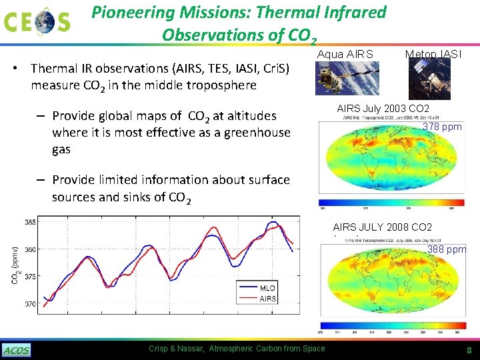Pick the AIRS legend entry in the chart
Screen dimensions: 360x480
pyautogui.click(x=267, y=298)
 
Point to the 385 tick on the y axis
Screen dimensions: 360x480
pyautogui.click(x=31, y=221)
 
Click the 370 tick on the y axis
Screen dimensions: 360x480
pyautogui.click(x=31, y=304)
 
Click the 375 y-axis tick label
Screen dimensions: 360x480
pyautogui.click(x=31, y=277)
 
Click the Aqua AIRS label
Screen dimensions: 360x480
pyautogui.click(x=345, y=54)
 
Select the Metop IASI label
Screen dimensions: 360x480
pyautogui.click(x=433, y=54)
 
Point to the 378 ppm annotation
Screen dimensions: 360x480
pyautogui.click(x=442, y=127)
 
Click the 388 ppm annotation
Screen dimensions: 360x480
pyautogui.click(x=446, y=250)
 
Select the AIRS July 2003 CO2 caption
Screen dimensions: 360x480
pyautogui.click(x=383, y=109)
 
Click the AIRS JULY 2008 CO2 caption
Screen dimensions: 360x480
pyautogui.click(x=382, y=227)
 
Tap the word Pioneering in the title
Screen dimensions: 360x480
pyautogui.click(x=128, y=12)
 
